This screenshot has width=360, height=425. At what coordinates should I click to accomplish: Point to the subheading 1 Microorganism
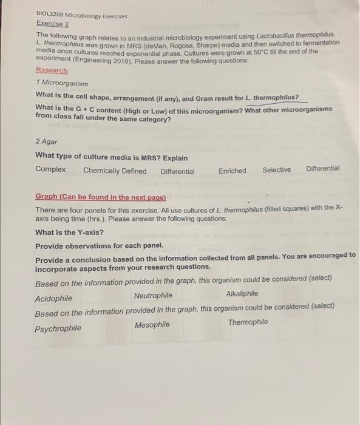click(62, 83)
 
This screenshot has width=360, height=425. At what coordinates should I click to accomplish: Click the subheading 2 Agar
click(47, 141)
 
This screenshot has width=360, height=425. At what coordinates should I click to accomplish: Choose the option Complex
click(50, 170)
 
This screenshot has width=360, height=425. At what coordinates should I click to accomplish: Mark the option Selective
click(276, 170)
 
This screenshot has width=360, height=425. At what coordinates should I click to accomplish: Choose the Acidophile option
click(53, 299)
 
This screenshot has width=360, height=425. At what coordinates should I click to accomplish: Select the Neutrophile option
click(153, 296)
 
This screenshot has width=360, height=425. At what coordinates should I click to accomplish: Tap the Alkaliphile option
click(242, 294)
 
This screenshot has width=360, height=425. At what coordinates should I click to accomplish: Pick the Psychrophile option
click(58, 328)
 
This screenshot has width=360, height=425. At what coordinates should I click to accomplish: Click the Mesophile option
click(152, 325)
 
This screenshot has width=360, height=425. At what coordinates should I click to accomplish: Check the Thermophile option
click(248, 322)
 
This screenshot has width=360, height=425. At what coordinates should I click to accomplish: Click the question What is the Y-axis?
click(70, 233)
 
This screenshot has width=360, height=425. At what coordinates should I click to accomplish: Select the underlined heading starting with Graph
click(100, 197)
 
